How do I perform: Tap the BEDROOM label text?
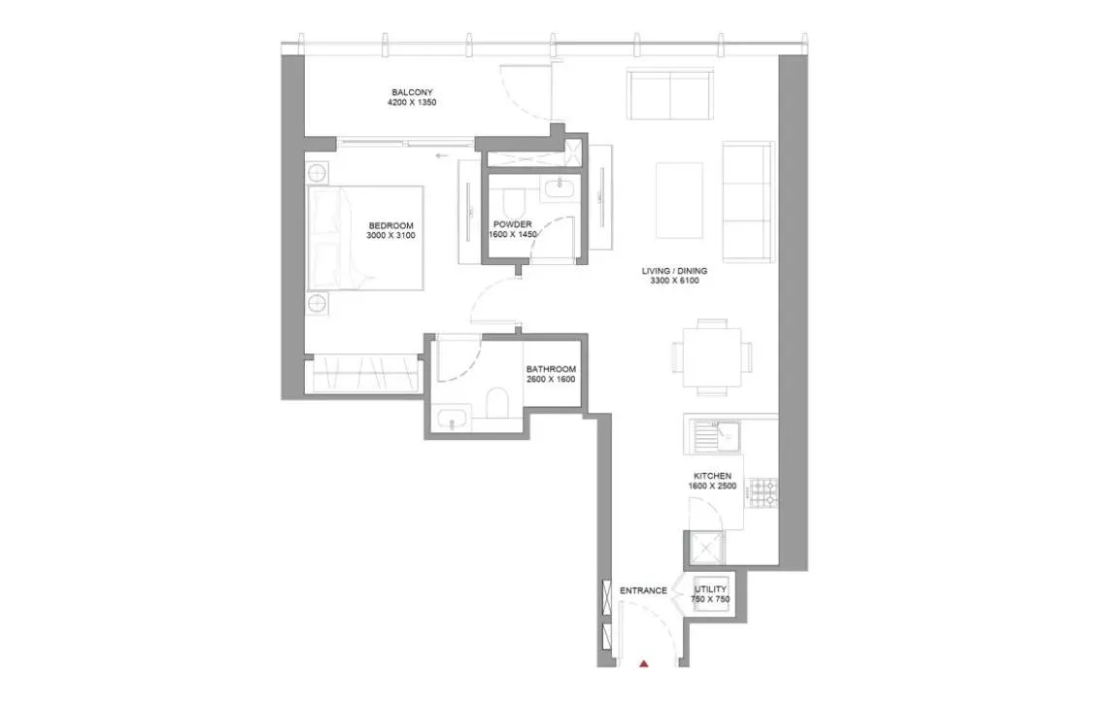391,224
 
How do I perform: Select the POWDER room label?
512,224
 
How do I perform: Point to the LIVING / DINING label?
674,271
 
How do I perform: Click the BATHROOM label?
551,369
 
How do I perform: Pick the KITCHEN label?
712,476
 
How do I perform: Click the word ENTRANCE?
643,590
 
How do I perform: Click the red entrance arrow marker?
644,664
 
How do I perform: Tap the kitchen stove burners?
763,491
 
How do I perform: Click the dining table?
712,356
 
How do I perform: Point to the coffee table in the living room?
679,199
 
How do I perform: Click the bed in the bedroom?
366,238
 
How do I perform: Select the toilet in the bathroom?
497,404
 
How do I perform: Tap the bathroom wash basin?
453,420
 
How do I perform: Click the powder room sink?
559,188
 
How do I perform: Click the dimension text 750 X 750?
710,600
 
